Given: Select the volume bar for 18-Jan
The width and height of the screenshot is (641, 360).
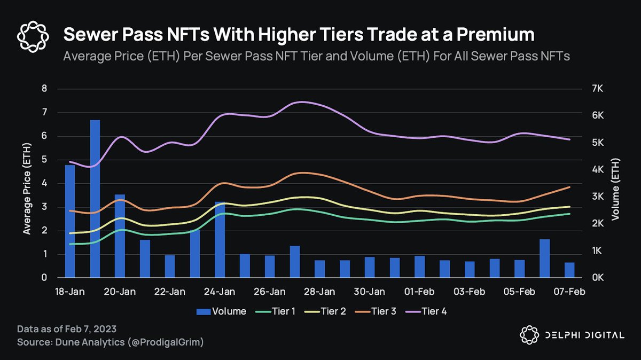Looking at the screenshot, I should [70, 222].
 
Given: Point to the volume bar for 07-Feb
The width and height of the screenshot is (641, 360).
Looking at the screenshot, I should [569, 270].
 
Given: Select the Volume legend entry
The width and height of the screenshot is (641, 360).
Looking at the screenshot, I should [222, 311].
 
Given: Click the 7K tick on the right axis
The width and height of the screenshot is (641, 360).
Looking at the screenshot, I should [597, 89].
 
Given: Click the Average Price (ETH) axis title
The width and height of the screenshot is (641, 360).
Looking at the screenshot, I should [27, 183].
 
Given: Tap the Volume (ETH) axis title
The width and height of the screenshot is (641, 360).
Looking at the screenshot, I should [615, 183].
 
